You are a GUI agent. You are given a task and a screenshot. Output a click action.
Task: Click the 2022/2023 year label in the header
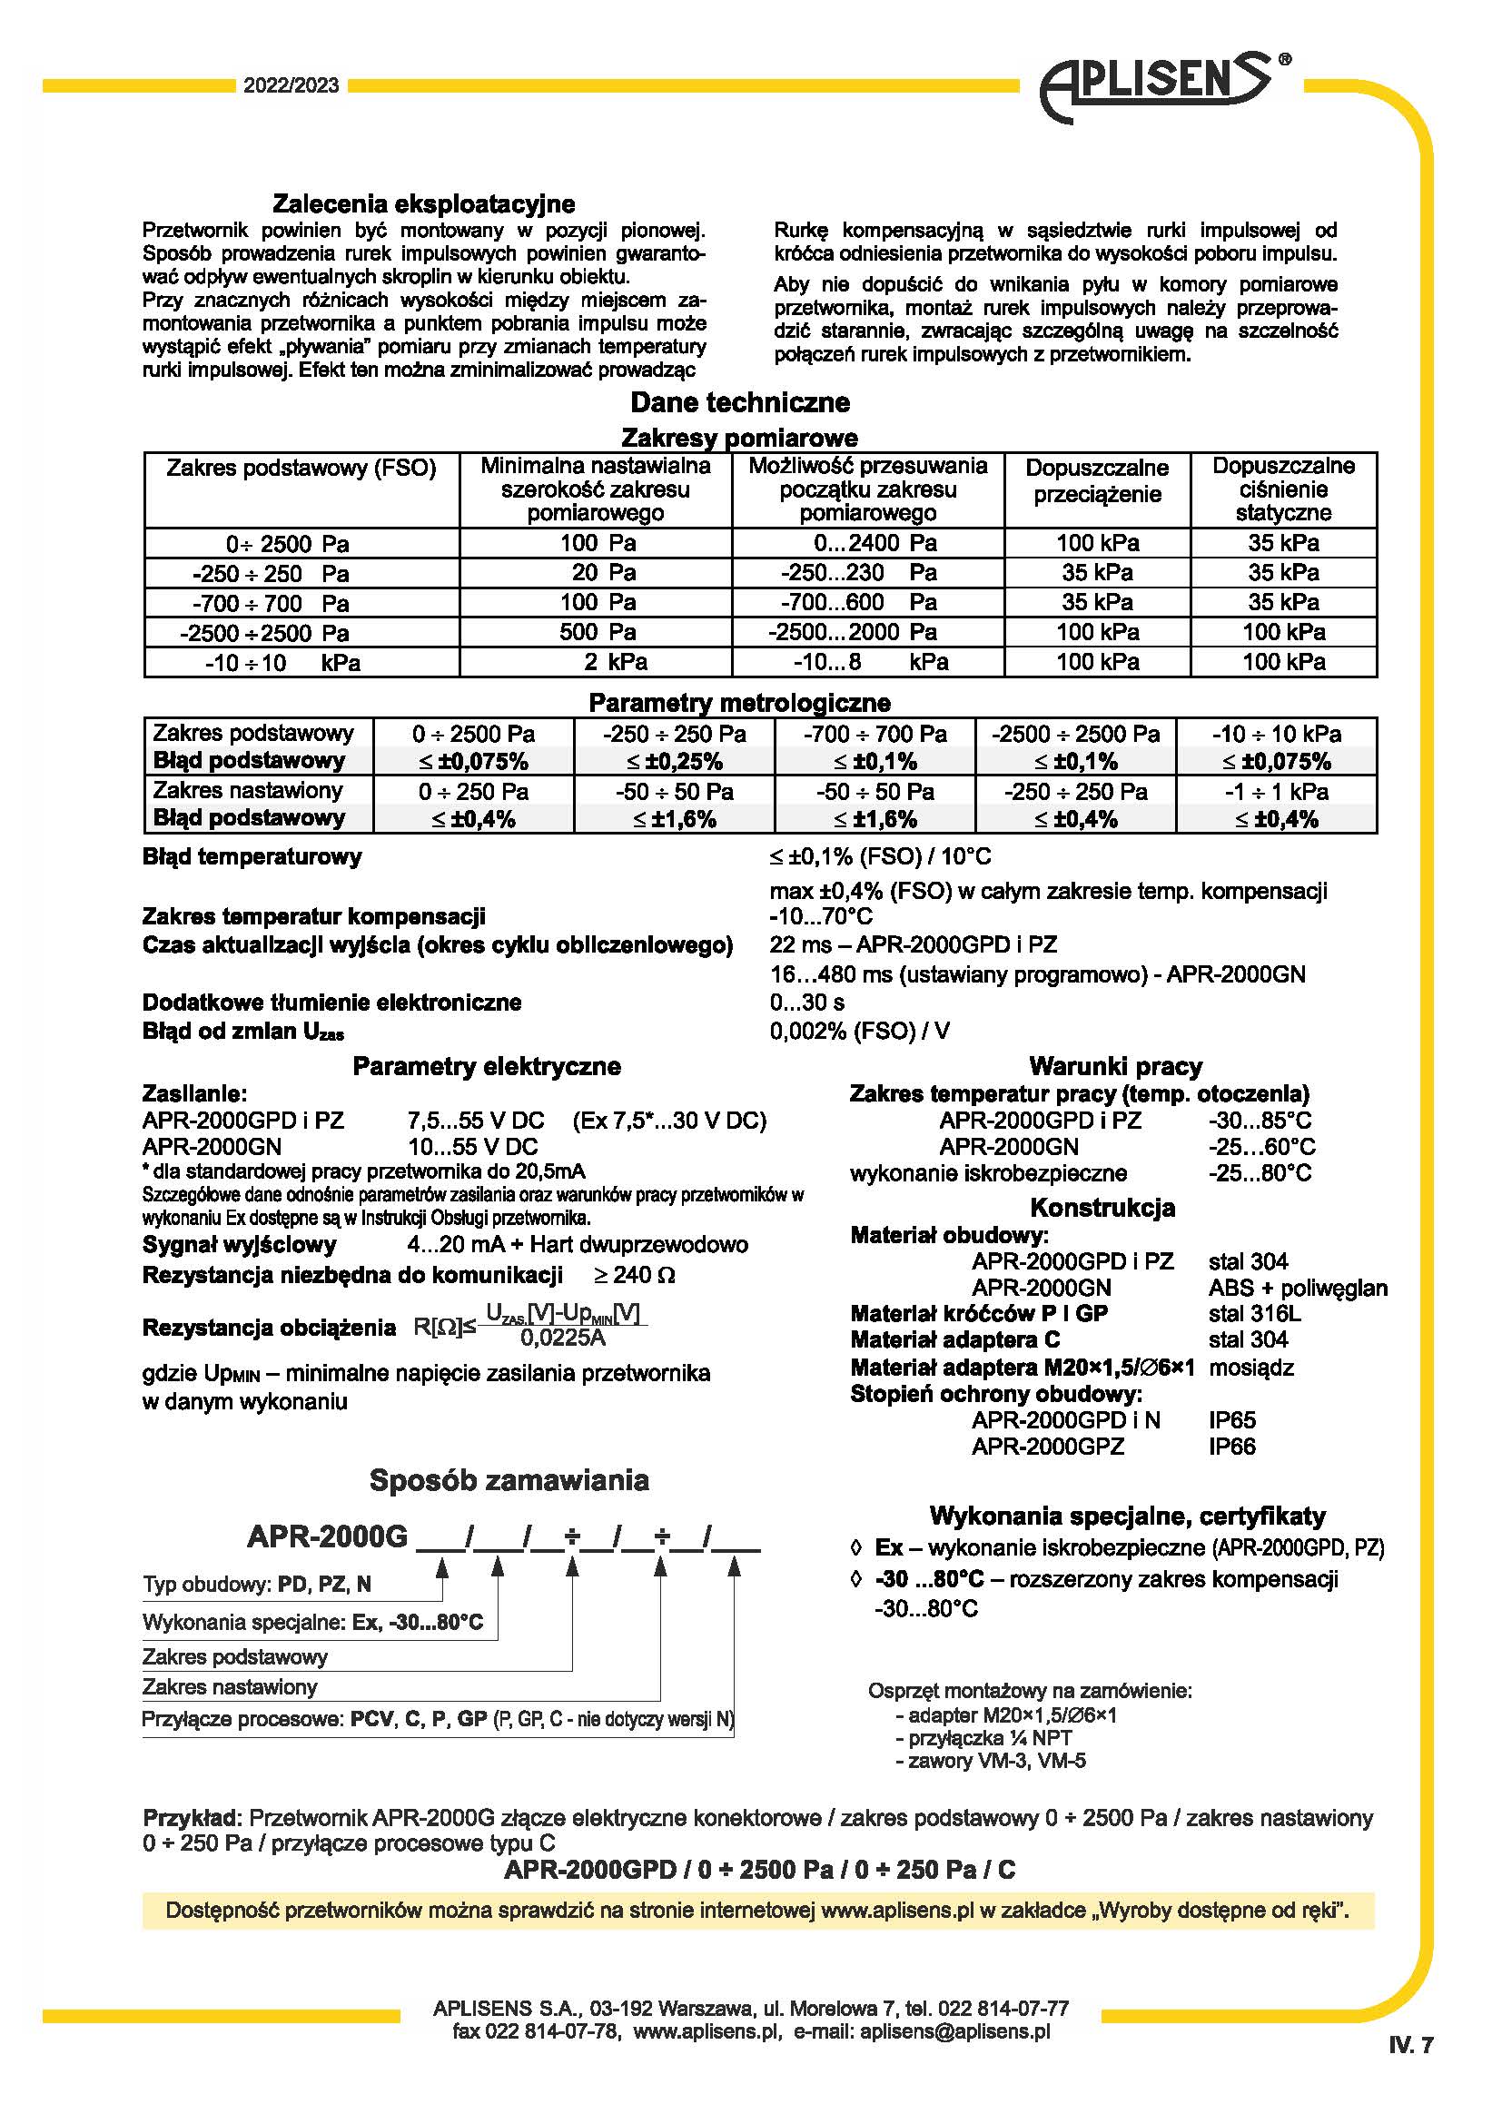[291, 86]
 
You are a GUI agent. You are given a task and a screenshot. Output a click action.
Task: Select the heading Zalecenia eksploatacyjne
[423, 203]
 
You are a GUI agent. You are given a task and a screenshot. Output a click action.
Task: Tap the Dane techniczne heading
[740, 402]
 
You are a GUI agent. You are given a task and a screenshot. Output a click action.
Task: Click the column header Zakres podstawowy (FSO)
[301, 468]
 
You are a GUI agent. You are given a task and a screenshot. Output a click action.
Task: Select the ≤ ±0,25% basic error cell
[674, 761]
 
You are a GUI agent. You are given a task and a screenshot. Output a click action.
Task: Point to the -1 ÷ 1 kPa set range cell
[1276, 792]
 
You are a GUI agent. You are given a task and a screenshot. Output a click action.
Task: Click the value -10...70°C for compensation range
[820, 917]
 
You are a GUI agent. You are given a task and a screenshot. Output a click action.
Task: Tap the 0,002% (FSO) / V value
[859, 1031]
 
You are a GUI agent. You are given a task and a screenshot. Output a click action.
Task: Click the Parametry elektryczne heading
[487, 1067]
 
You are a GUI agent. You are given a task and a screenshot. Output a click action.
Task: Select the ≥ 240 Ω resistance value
[634, 1275]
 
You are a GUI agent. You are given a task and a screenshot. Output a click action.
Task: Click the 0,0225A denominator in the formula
[562, 1338]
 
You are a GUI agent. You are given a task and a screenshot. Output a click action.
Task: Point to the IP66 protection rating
[1232, 1446]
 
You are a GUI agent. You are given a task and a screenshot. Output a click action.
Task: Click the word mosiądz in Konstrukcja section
[1250, 1368]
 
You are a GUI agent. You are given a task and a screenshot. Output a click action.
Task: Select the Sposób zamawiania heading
[509, 1480]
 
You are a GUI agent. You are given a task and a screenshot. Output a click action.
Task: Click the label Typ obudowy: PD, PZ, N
[257, 1584]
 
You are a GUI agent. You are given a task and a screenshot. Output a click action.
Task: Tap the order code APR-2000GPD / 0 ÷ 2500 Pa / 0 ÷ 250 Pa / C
[759, 1870]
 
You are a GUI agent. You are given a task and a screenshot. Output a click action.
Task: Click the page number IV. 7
[1410, 2045]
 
